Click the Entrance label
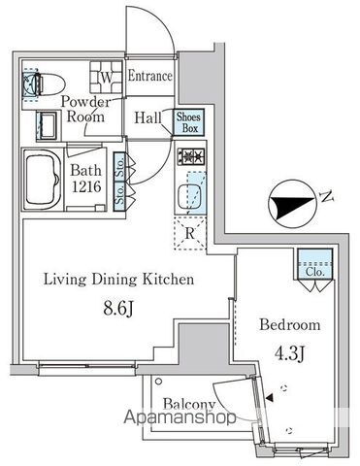tap(150, 77)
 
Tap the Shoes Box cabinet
tap(189, 122)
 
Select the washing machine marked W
tap(107, 78)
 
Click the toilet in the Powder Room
tap(44, 84)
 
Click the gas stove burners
tap(191, 156)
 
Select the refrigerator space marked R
tap(190, 233)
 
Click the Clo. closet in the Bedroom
tap(314, 264)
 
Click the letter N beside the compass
tap(327, 196)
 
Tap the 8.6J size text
tap(118, 310)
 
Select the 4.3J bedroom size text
tap(289, 354)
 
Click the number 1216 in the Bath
tap(86, 186)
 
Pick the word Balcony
tap(189, 405)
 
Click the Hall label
tap(147, 117)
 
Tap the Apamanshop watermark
tap(180, 417)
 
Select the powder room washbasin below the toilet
tap(48, 126)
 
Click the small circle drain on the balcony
tap(158, 381)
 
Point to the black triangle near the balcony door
tap(270, 398)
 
